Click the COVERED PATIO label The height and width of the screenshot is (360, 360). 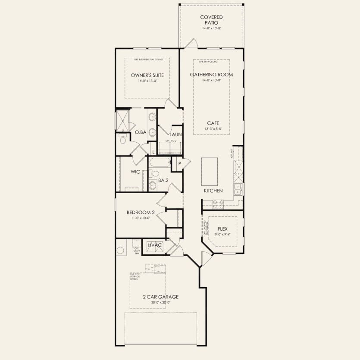tap(211, 20)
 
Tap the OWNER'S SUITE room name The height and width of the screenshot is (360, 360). tap(147, 75)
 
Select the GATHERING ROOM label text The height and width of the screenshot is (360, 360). tap(211, 75)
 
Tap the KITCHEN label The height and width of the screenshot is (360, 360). tap(213, 191)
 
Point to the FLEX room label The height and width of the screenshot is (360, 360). tap(222, 229)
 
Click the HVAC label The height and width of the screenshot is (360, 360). tap(155, 245)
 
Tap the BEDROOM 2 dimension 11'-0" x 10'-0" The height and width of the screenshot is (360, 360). tap(141, 218)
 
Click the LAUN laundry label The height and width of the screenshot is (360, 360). tap(175, 134)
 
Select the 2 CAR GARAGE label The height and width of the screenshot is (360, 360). tap(160, 297)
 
